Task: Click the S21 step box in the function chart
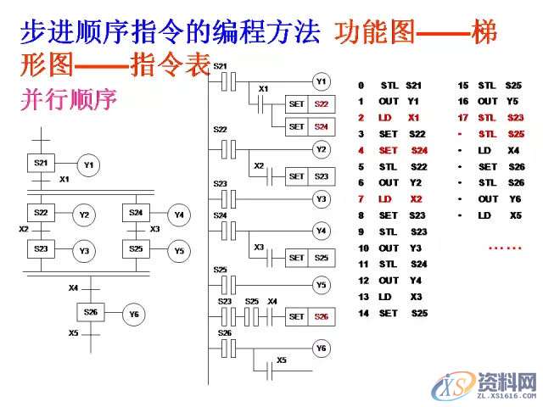pyautogui.click(x=40, y=162)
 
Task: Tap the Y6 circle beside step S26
pyautogui.click(x=133, y=315)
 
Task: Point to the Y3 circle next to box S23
pyautogui.click(x=84, y=251)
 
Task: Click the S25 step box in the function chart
pyautogui.click(x=136, y=249)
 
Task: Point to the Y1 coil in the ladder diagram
pyautogui.click(x=320, y=82)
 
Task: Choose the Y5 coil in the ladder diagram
pyautogui.click(x=320, y=285)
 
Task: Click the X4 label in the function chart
pyautogui.click(x=74, y=288)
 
